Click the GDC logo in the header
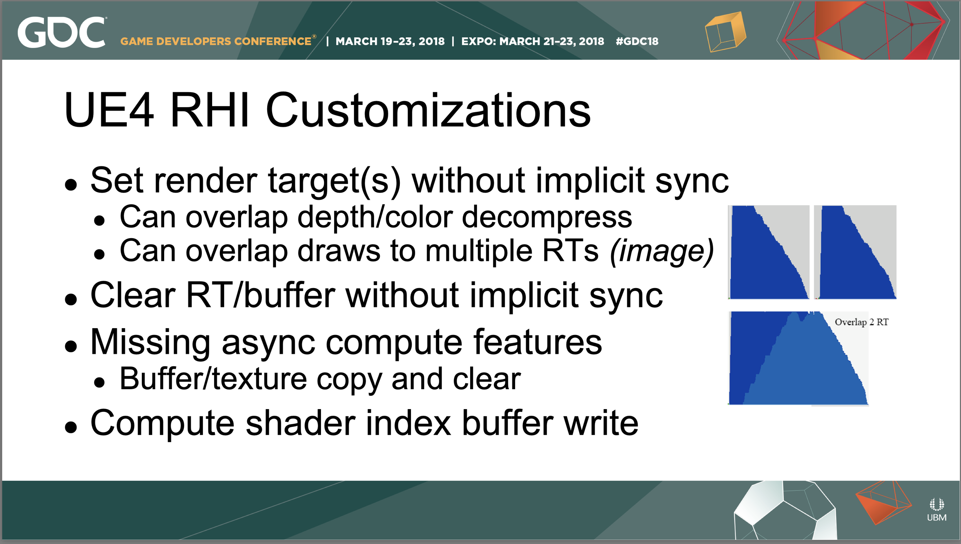[x=62, y=32]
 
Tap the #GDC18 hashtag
[x=637, y=41]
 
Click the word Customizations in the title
[x=428, y=110]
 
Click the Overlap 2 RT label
[x=861, y=322]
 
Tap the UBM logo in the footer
[x=936, y=509]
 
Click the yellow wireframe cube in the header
[x=725, y=32]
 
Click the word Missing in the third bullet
[x=150, y=342]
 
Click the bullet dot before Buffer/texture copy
[x=100, y=382]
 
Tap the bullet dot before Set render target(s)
[x=71, y=185]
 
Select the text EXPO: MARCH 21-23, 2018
[x=532, y=41]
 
